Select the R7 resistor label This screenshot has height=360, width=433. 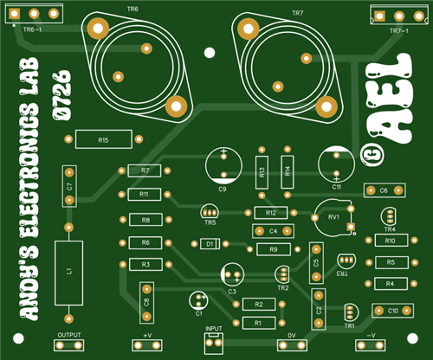[x=145, y=170]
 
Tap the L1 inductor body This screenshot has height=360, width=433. [x=68, y=273]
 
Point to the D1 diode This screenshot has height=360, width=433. [x=210, y=244]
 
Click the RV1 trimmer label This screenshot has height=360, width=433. [x=333, y=217]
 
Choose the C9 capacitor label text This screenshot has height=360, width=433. [x=223, y=190]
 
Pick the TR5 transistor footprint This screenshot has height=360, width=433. [x=210, y=212]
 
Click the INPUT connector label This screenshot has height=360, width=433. [x=214, y=329]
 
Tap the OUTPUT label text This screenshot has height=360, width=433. [x=69, y=335]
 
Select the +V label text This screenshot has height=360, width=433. [x=147, y=336]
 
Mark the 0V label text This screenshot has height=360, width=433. [x=292, y=336]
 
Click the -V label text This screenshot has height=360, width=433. [x=371, y=336]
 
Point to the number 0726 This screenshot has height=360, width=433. [x=61, y=95]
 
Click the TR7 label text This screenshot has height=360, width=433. [x=298, y=13]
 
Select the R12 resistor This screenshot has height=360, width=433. [x=271, y=213]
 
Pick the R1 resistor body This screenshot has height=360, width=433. [x=259, y=323]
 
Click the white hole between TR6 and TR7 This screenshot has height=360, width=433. [x=210, y=53]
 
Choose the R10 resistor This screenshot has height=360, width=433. [x=391, y=241]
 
